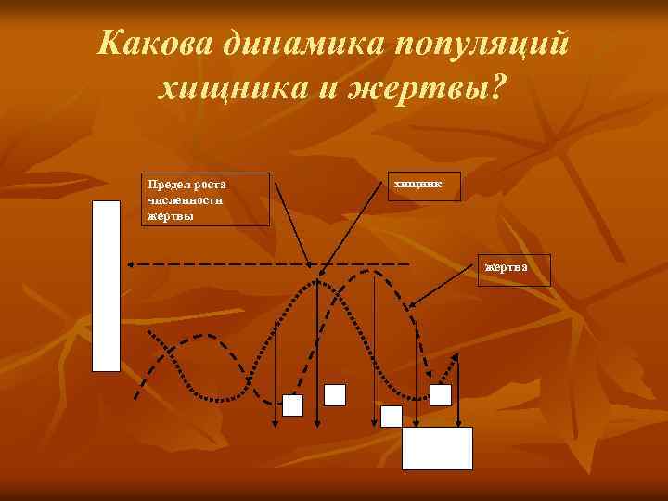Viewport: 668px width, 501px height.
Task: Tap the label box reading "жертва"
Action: (514, 269)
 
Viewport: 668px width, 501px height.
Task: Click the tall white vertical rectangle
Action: (107, 286)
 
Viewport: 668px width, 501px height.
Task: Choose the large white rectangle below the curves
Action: (437, 448)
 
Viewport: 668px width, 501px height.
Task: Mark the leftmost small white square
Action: (292, 405)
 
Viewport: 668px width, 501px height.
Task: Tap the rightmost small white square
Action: (441, 395)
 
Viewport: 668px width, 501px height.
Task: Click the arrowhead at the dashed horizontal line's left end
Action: (131, 265)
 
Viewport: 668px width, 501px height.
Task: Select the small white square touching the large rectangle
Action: (392, 416)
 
